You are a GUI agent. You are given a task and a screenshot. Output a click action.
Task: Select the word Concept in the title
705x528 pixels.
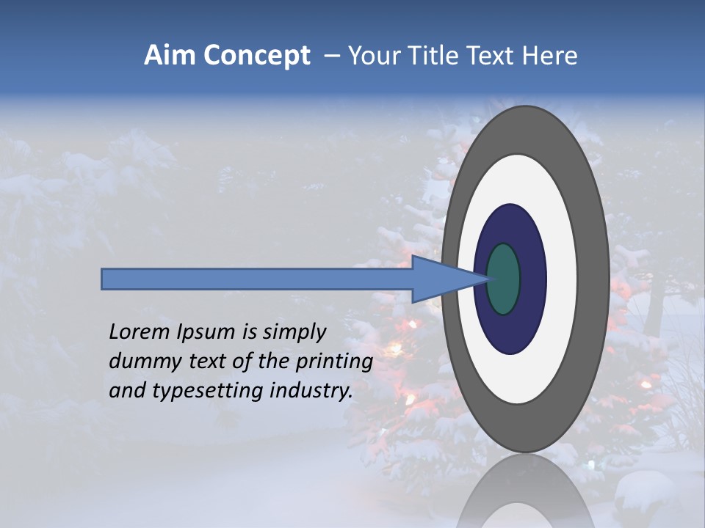click(x=256, y=56)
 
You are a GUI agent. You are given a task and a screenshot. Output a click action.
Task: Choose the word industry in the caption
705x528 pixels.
click(x=311, y=391)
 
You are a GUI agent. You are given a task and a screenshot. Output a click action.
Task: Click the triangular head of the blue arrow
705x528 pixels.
click(x=441, y=279)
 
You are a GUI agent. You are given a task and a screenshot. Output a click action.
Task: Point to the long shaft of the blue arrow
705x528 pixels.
click(x=257, y=279)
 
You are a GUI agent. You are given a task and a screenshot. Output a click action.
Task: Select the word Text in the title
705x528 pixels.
click(x=499, y=56)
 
